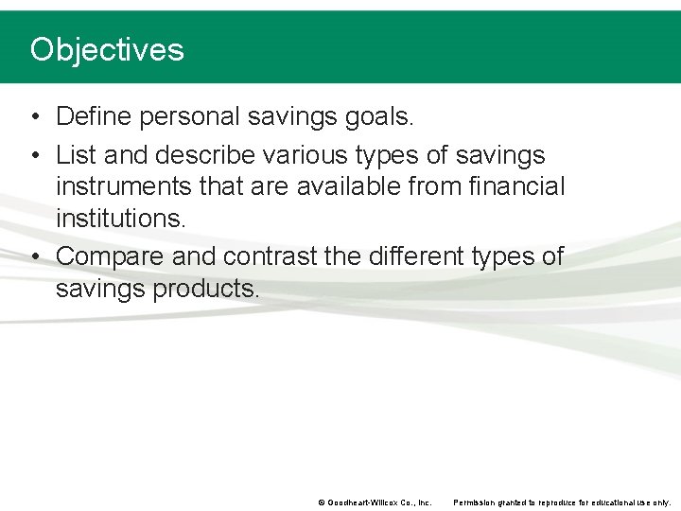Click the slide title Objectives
point(107,49)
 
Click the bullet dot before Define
point(34,117)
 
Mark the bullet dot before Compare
point(34,256)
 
